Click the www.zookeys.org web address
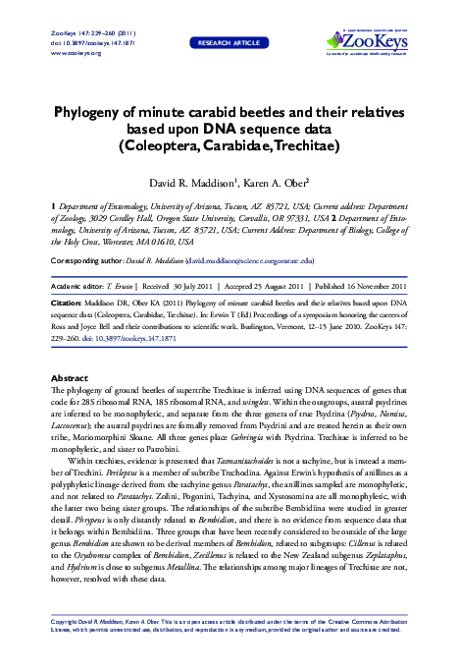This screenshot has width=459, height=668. point(70,52)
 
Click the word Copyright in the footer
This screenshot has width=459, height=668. point(63,621)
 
